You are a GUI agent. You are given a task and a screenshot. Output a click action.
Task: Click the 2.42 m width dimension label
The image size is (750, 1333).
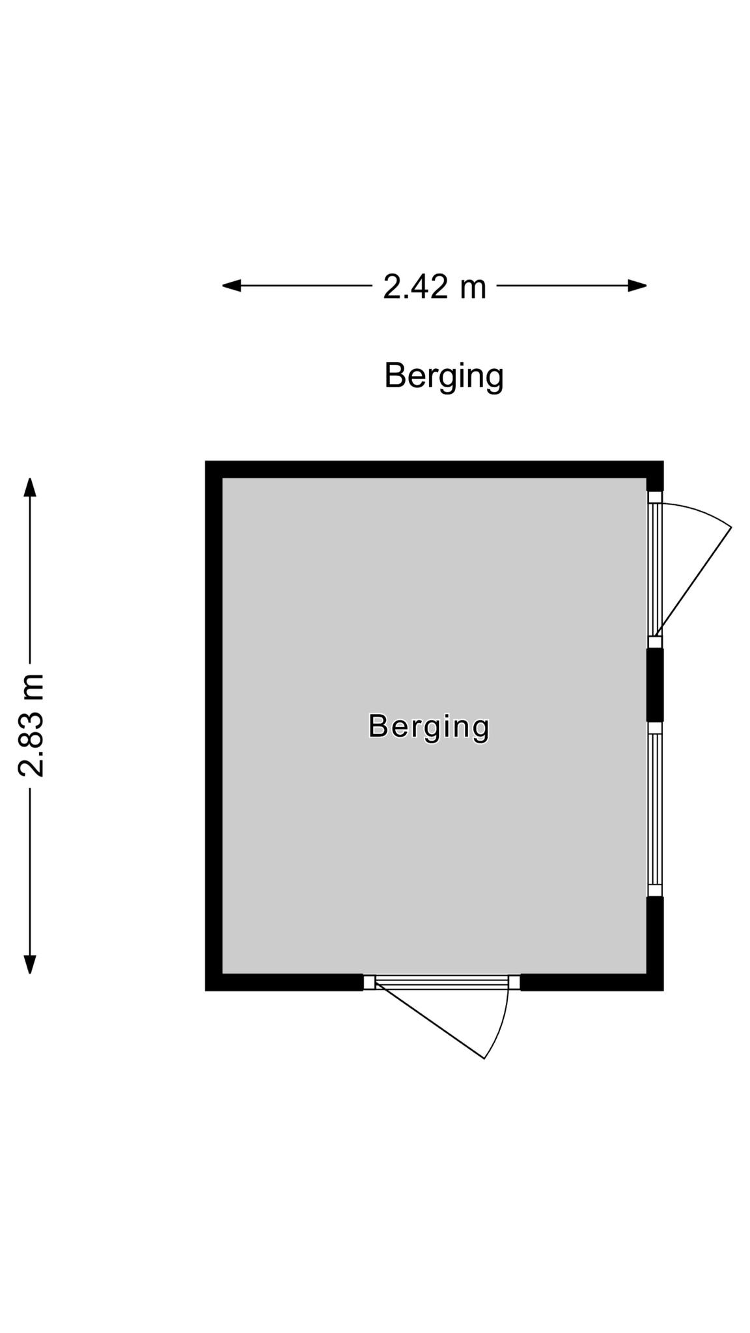(x=434, y=286)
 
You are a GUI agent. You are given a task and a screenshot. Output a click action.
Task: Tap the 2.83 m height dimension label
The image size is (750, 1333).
(x=31, y=725)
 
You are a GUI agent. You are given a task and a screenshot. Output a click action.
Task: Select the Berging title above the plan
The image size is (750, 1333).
(x=444, y=376)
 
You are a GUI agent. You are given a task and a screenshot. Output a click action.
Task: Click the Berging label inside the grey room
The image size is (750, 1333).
(x=428, y=726)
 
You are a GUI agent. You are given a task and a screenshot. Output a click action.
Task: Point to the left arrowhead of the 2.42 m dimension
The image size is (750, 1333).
(x=232, y=285)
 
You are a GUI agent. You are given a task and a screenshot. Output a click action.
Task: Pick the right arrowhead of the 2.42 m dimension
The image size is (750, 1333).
(x=637, y=285)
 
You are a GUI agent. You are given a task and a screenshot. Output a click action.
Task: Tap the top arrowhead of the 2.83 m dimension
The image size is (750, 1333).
(x=30, y=487)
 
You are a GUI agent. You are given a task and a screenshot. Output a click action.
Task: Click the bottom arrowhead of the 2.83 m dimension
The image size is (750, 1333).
(x=30, y=964)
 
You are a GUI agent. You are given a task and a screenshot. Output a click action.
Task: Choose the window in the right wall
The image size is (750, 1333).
(x=655, y=809)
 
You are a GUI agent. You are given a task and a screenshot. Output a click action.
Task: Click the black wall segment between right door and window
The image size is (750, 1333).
(x=655, y=685)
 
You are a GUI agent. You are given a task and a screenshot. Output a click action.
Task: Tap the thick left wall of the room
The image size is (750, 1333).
(x=214, y=726)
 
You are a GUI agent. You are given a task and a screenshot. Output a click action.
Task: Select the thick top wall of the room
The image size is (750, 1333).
(x=434, y=469)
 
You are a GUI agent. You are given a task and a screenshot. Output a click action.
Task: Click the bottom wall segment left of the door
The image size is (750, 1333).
(x=285, y=982)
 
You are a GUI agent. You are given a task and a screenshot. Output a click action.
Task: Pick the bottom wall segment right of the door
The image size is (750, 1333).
(x=592, y=982)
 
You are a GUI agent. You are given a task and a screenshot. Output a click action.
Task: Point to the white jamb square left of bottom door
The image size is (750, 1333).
(x=370, y=982)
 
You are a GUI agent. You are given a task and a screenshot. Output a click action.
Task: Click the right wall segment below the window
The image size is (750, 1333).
(x=655, y=943)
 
